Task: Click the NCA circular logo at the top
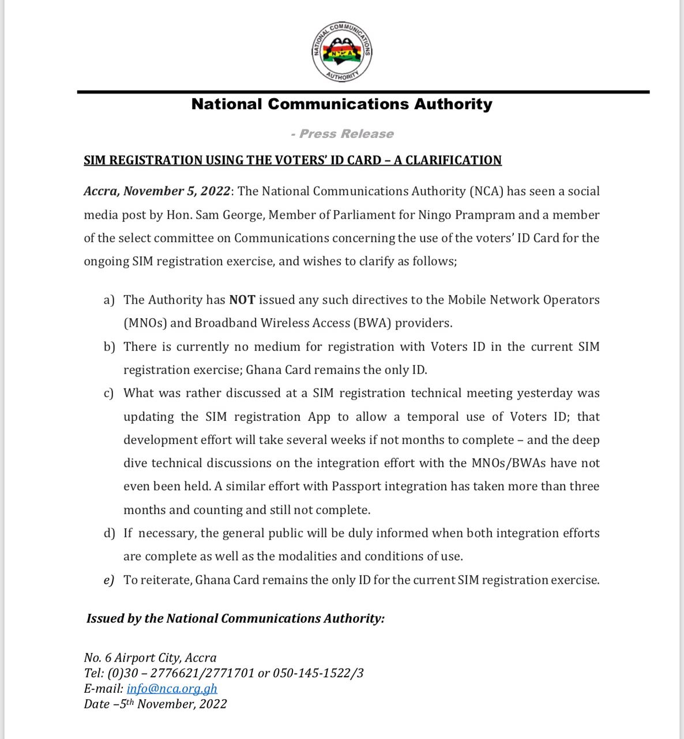[x=342, y=53]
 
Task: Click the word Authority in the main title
[x=453, y=104]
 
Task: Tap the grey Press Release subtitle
[x=342, y=134]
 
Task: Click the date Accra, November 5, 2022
[x=157, y=192]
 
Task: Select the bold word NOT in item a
[x=242, y=300]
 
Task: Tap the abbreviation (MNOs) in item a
[x=145, y=323]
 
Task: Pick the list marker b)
[x=110, y=347]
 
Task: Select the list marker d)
[x=110, y=533]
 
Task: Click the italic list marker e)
[x=109, y=580]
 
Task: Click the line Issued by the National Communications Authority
[x=235, y=619]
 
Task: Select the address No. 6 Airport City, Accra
[x=151, y=658]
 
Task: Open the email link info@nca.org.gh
[x=172, y=689]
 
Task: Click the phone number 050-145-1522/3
[x=318, y=673]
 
